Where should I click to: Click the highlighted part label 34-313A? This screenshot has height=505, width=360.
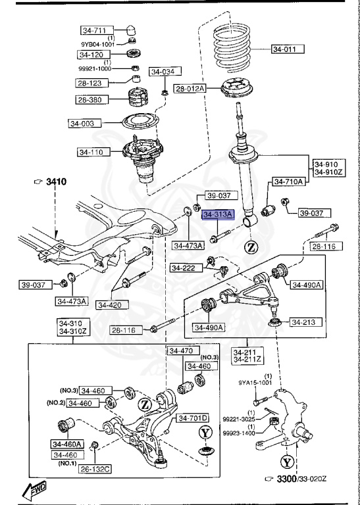[217, 214]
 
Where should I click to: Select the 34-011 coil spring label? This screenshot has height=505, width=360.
[288, 49]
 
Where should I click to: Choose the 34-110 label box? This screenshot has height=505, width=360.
[93, 152]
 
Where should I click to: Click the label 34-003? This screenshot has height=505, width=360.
[84, 122]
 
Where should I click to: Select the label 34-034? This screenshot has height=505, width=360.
[164, 72]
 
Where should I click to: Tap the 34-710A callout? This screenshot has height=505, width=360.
[288, 181]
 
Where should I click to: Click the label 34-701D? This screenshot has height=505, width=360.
[192, 418]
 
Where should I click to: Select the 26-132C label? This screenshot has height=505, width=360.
[95, 469]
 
